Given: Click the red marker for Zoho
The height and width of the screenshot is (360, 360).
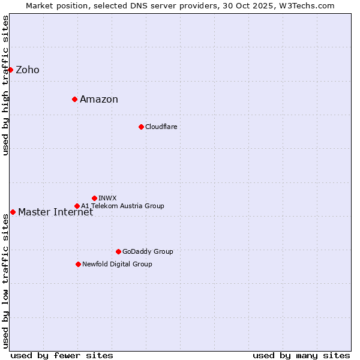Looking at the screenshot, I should coord(10,70).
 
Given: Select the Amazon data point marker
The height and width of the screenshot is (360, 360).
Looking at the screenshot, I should coord(74,99).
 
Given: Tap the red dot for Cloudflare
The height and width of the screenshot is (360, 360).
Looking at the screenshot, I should coord(141,127).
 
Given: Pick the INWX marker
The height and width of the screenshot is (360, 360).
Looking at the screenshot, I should coord(94,198).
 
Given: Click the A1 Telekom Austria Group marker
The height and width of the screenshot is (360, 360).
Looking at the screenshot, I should coord(77,206).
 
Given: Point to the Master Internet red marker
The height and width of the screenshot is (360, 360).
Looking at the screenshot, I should coord(13,212).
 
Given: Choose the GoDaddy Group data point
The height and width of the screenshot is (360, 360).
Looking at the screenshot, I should coord(118,251).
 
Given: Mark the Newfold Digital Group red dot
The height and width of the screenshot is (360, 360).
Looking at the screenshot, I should coord(78,264).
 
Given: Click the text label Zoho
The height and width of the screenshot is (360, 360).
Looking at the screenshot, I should coord(28,70).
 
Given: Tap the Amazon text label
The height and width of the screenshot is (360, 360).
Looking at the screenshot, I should coord(99,100).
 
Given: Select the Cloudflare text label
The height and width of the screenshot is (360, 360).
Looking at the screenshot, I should coord(161,127).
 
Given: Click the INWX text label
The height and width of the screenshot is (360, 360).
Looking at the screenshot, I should coord(108,198).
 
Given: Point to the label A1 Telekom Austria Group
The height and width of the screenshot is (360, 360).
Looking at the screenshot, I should coord(123,206).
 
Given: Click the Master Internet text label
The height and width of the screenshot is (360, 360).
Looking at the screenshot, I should coord(56,212).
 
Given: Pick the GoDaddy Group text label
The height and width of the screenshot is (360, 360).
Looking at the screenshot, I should coord(148,252).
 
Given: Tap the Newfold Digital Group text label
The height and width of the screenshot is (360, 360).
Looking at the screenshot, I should coord(118,265).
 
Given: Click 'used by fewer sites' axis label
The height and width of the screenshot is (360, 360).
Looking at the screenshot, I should coord(62,356).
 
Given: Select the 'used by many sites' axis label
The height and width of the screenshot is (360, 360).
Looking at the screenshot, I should coord(301,356).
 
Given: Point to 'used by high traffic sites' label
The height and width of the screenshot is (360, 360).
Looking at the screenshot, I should coord(6,85).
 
